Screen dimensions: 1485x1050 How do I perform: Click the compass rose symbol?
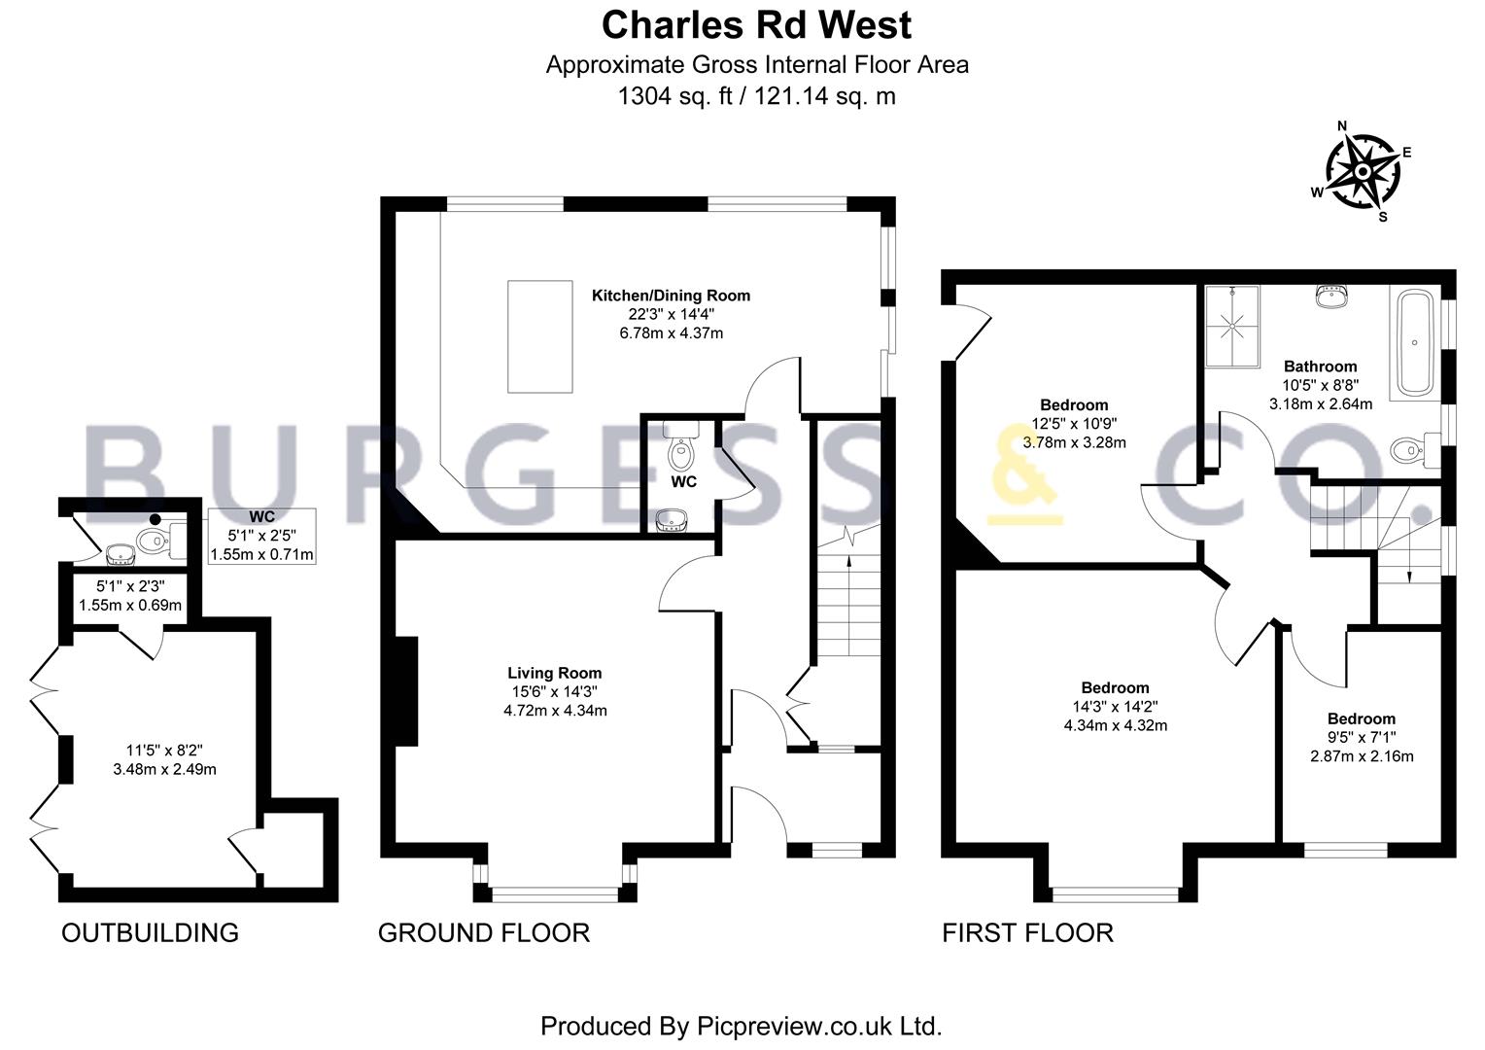coord(1363,172)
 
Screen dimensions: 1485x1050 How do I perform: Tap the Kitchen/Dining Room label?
coord(671,296)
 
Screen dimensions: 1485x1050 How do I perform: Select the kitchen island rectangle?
coord(540,337)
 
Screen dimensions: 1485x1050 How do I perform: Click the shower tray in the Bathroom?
coord(1232,327)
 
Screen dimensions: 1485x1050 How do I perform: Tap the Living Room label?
coord(555,673)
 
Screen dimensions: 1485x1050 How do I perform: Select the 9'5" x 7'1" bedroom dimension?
coord(1362,737)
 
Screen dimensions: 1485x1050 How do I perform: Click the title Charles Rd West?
coord(756,25)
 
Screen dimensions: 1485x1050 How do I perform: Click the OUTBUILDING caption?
coord(150,933)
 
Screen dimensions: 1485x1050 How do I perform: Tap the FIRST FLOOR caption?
coord(1027,933)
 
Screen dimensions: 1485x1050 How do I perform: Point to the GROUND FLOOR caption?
coord(484,933)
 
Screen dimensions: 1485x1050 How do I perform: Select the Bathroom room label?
coord(1321,367)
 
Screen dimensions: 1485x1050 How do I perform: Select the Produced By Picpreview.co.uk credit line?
coord(742,1026)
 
